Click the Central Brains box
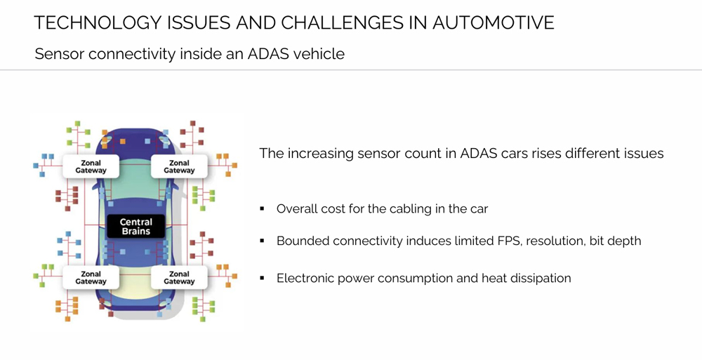[136, 226]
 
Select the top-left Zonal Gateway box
[92, 166]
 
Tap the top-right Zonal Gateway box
[180, 166]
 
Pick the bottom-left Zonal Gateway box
[92, 277]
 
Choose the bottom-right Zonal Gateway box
[180, 277]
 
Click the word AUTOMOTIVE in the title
[493, 22]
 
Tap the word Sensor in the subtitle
[58, 53]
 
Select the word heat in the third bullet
[495, 278]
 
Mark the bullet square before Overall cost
[262, 209]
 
